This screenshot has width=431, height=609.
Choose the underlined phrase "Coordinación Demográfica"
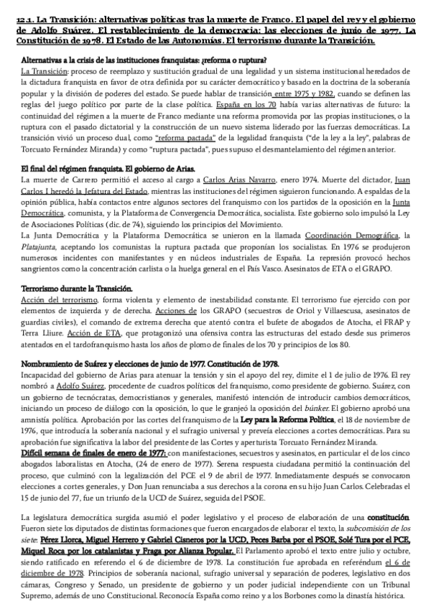click(353, 236)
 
